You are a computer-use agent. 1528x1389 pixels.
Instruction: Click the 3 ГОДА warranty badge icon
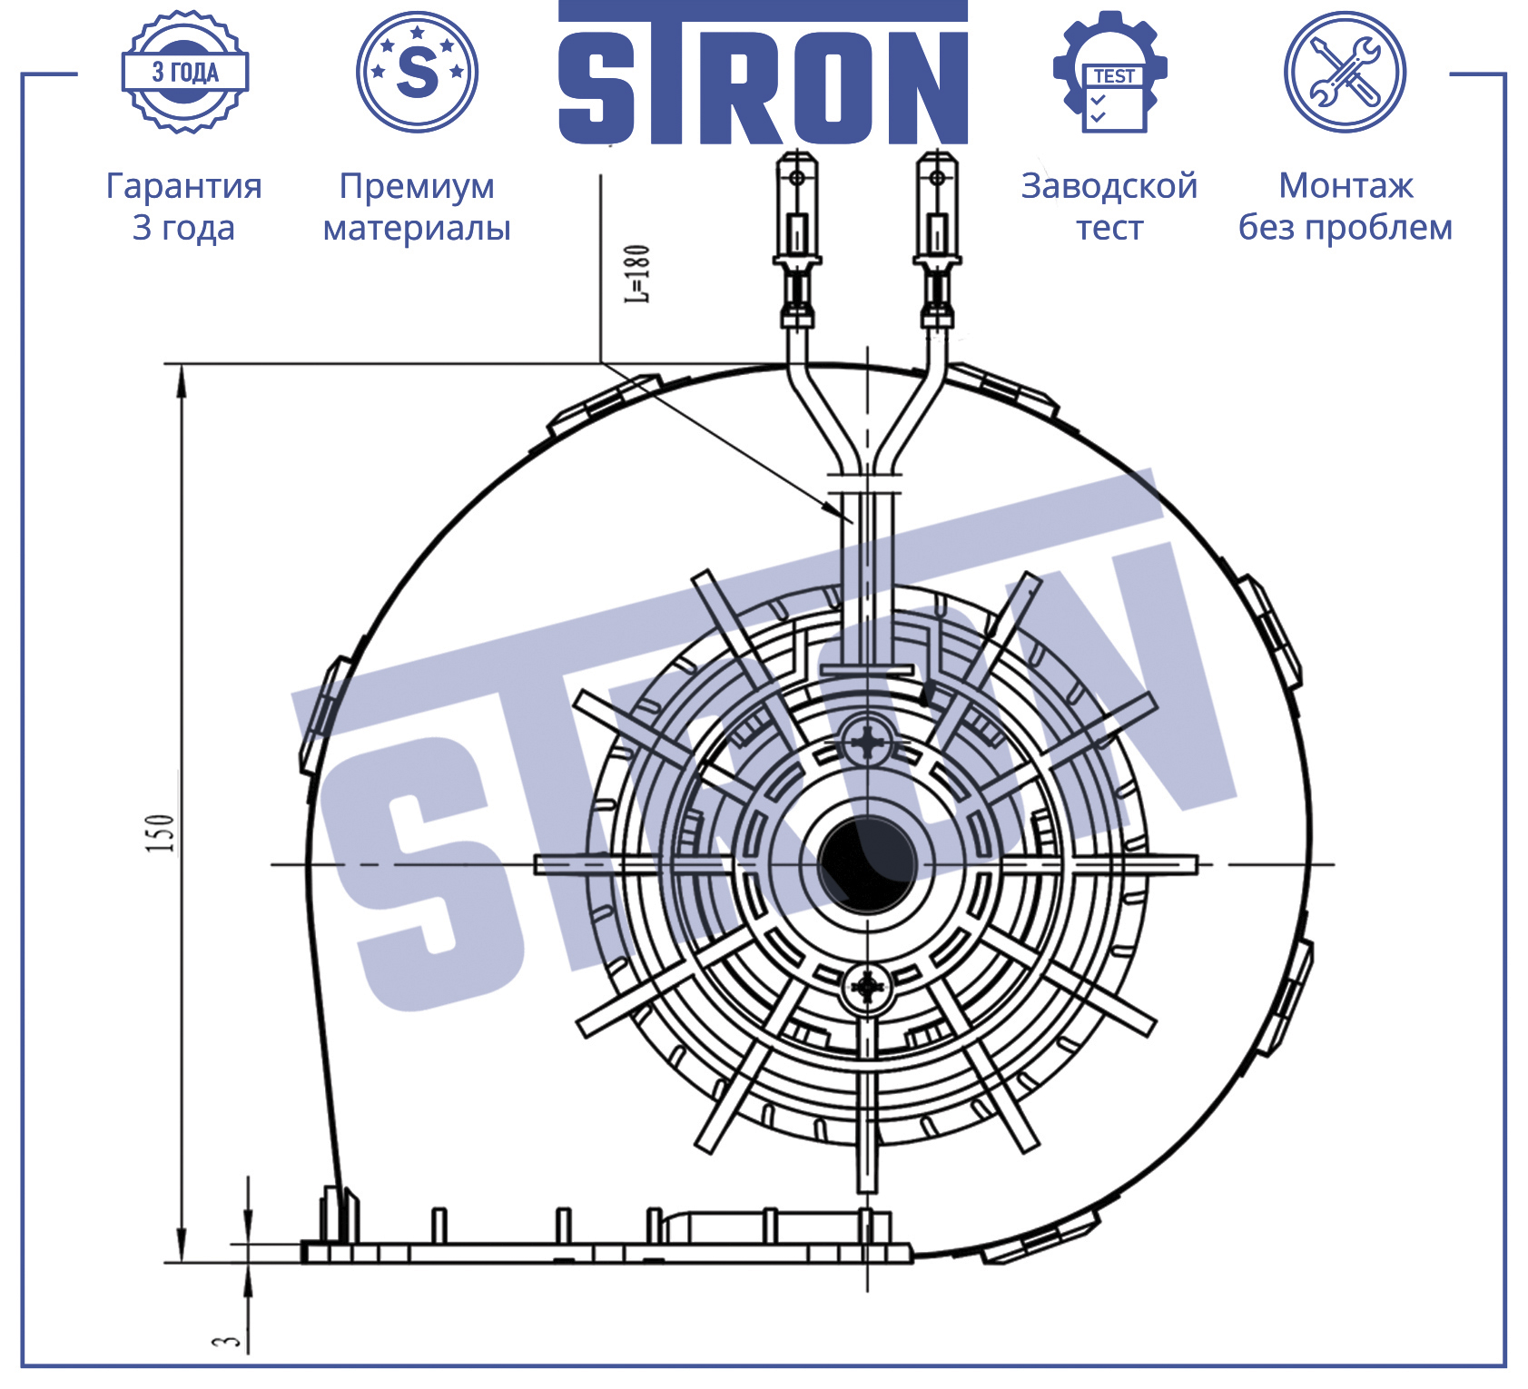click(185, 73)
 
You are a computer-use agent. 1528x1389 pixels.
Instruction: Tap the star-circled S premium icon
click(418, 72)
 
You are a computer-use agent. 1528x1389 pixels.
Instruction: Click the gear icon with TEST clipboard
click(1110, 72)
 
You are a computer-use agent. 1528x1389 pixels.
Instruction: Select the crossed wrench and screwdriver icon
click(1346, 72)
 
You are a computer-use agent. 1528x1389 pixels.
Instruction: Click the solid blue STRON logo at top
click(763, 73)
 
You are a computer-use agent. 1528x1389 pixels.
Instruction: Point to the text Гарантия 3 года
click(184, 206)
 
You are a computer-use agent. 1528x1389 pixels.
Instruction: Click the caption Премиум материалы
click(417, 206)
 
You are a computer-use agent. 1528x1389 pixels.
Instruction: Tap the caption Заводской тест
click(1109, 206)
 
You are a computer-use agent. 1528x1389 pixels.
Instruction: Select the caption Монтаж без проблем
click(1346, 206)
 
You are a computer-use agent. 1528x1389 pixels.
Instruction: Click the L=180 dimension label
click(637, 273)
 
